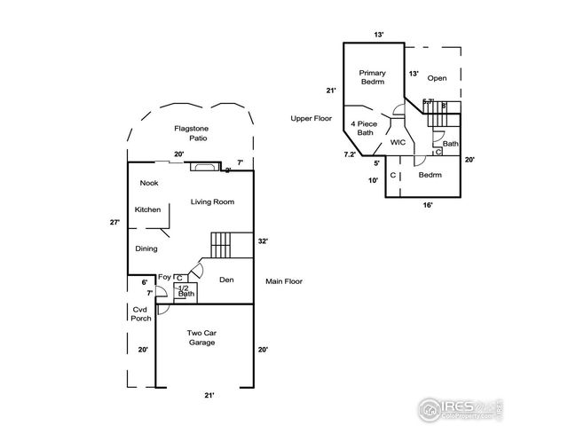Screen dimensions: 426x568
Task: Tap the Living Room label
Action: coord(212,202)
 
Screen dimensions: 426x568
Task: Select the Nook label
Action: coord(149,183)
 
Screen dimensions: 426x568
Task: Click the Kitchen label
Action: coord(147,209)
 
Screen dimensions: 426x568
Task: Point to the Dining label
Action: coord(146,248)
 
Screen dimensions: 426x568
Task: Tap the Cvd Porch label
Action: coord(140,313)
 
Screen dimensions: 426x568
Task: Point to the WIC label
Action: coord(398,141)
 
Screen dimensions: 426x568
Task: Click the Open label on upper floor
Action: coord(437,78)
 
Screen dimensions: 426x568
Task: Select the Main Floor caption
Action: coord(284,281)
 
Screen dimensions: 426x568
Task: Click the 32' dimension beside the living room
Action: coord(263,241)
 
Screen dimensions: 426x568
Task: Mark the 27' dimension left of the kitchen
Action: coord(114,223)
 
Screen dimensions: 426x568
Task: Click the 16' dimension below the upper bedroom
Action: coord(428,205)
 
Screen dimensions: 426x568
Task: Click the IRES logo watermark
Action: coord(454,406)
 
